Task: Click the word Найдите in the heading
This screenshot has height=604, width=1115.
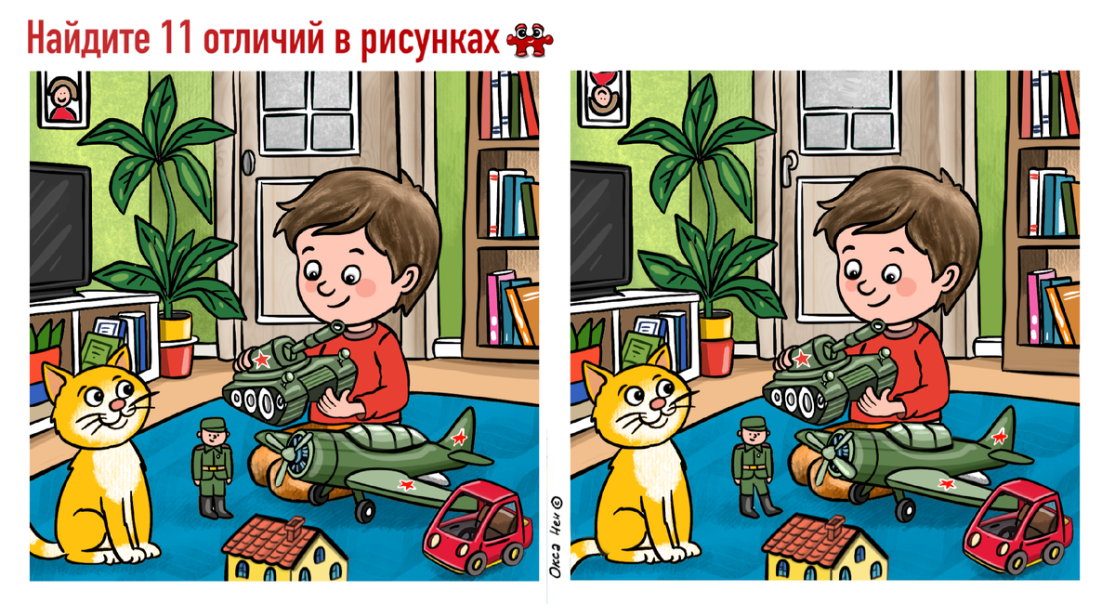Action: (x=88, y=38)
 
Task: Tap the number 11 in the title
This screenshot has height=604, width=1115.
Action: (x=177, y=37)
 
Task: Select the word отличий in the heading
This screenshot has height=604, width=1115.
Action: (x=263, y=39)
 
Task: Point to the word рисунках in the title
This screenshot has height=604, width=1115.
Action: (x=429, y=41)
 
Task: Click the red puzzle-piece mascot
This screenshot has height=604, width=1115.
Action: (x=530, y=40)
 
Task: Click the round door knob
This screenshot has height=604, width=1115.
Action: (x=248, y=162)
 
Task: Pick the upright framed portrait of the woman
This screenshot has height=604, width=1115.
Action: (x=63, y=98)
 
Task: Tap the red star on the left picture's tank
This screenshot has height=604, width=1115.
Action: (x=261, y=359)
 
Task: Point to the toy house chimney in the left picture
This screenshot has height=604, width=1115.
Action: (x=295, y=527)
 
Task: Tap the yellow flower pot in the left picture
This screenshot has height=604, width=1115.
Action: (x=176, y=326)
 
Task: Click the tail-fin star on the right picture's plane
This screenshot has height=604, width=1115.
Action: (x=999, y=437)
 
